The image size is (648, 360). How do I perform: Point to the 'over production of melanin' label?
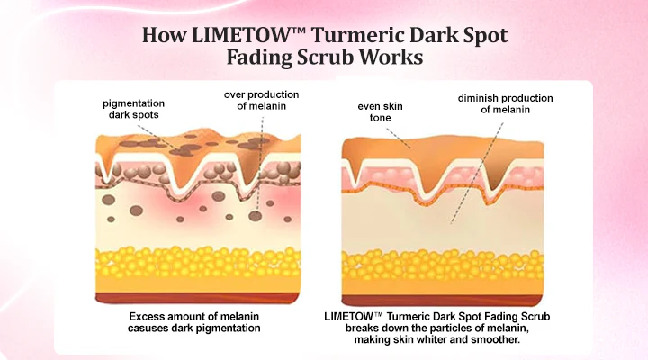click(262, 102)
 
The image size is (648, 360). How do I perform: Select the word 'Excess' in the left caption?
click(148, 317)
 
